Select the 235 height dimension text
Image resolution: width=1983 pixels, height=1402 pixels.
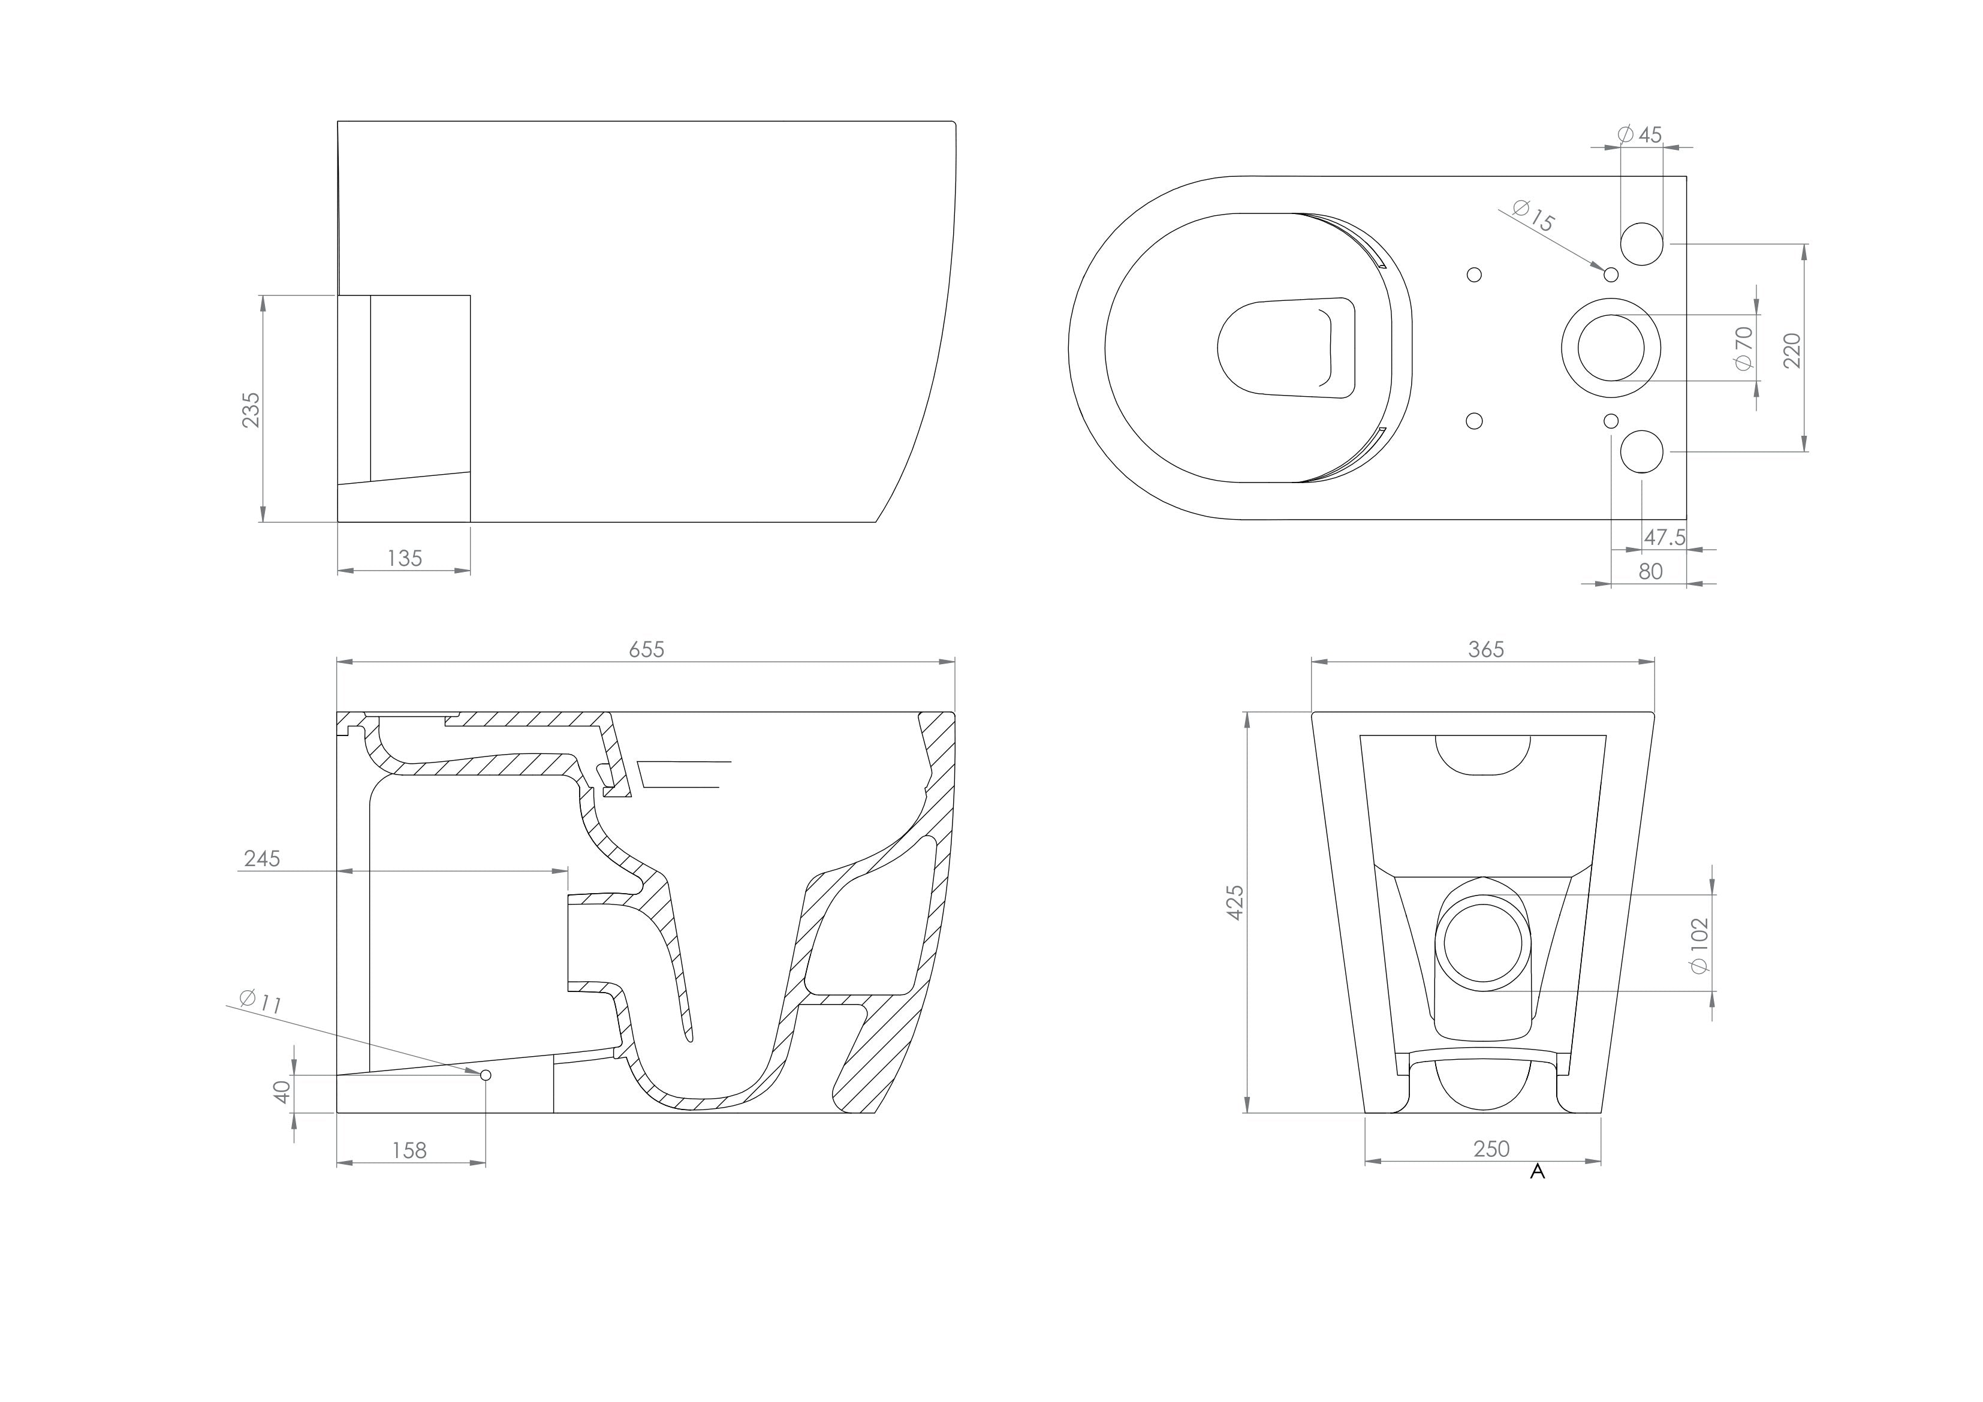point(251,409)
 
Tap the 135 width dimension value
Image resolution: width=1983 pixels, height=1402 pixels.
point(404,558)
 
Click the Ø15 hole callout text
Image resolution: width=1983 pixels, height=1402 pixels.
point(1534,216)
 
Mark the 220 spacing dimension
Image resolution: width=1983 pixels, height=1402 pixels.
point(1792,350)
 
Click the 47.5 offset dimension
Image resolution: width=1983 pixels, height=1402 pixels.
point(1664,537)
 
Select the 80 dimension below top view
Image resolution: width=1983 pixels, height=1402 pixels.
point(1650,572)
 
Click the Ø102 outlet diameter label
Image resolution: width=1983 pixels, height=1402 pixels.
point(1699,946)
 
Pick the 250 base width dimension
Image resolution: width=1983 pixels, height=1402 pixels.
point(1491,1149)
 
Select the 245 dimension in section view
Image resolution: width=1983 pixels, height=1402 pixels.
point(262,859)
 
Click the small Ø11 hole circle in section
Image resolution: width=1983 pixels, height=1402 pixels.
point(486,1075)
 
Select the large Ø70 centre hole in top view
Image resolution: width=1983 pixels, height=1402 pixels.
point(1611,348)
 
